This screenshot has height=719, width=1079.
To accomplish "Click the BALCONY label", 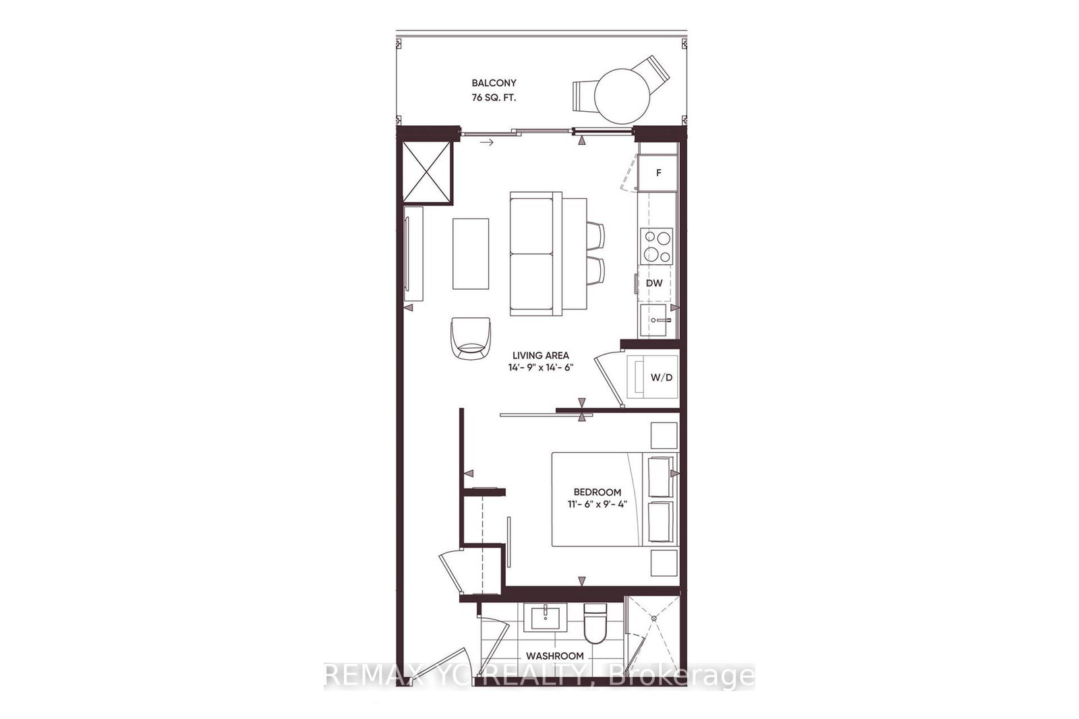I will click(494, 83).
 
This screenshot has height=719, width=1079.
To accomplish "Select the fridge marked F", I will click(658, 173).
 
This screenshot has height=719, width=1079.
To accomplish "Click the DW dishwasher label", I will click(654, 283).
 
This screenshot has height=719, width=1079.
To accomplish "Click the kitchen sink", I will click(656, 319).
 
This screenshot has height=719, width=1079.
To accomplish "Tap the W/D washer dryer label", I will click(661, 377).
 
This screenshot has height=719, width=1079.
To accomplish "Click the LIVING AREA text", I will click(540, 355).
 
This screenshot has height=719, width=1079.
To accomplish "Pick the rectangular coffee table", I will click(470, 253).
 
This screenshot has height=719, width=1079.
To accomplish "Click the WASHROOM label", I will click(555, 656).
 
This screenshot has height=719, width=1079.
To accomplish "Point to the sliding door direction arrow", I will click(486, 142).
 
